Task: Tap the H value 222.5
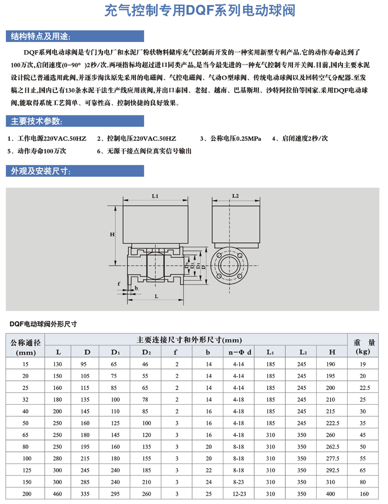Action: (x=332, y=423)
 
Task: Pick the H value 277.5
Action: (x=332, y=458)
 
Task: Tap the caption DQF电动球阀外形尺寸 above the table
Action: (x=44, y=323)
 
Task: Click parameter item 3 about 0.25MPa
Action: (x=232, y=139)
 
